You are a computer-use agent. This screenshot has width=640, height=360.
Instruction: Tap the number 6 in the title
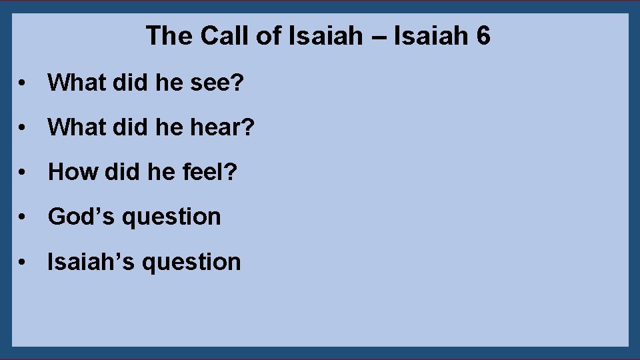(483, 36)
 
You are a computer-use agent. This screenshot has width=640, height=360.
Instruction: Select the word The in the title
(169, 36)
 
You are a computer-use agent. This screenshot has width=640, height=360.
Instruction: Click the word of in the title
(269, 36)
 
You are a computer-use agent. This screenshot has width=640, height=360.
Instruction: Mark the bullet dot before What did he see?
(23, 84)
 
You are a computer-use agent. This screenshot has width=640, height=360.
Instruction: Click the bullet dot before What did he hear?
(23, 128)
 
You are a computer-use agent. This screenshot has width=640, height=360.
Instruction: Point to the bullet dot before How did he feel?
(23, 173)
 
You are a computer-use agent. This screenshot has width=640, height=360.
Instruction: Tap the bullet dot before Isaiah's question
(23, 263)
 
